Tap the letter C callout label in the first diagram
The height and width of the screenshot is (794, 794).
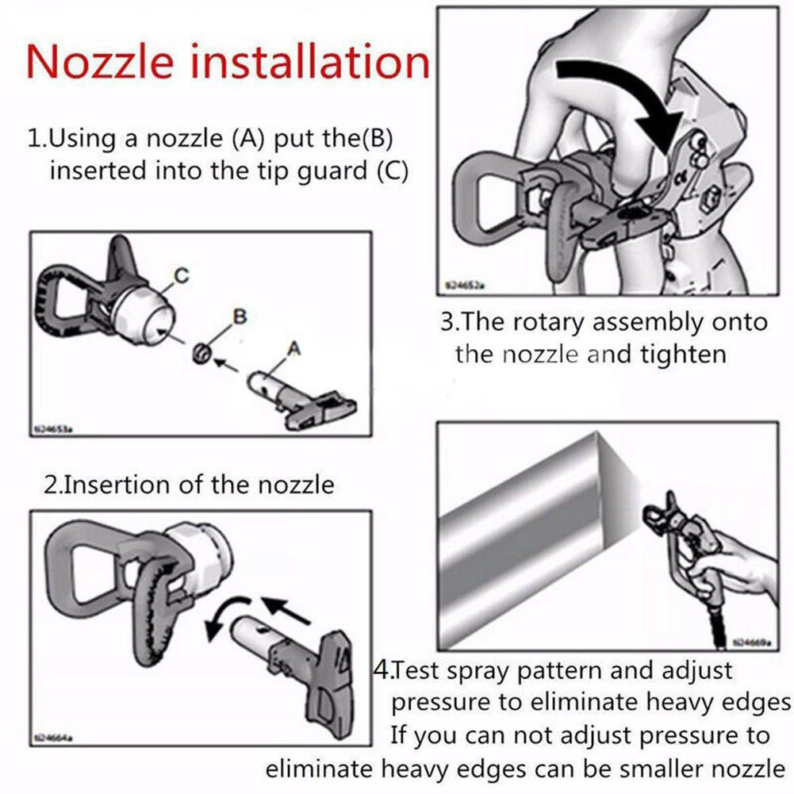click(182, 276)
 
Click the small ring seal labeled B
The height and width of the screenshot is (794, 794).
click(201, 352)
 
